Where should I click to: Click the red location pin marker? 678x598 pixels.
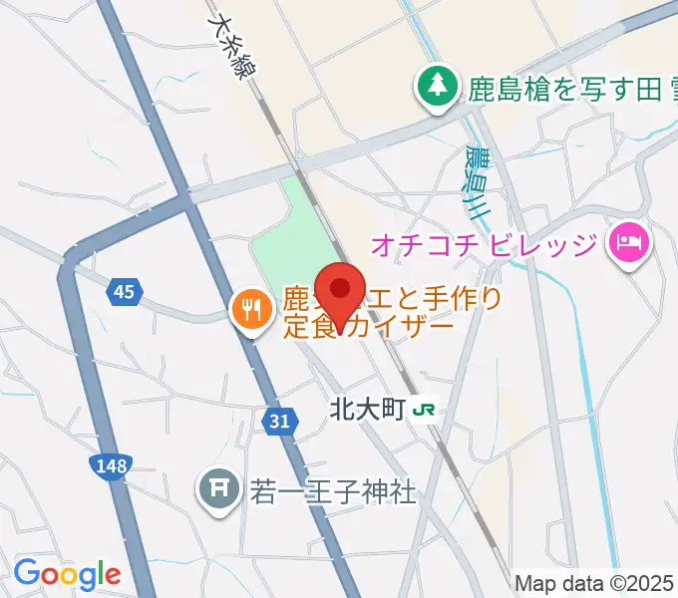coord(341,291)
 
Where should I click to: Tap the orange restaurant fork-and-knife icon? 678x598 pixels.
coord(247,309)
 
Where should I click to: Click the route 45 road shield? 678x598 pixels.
coord(124,291)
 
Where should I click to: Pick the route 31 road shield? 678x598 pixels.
coord(280,423)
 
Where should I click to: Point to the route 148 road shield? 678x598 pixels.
coord(110,463)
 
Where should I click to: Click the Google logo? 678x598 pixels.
coord(67,574)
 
